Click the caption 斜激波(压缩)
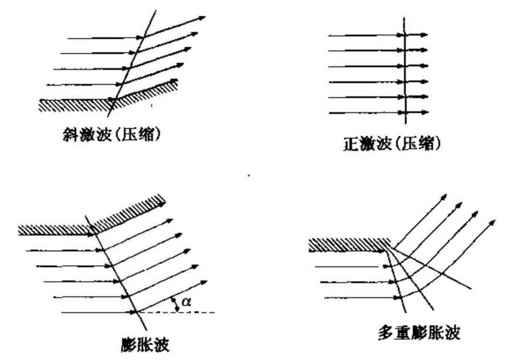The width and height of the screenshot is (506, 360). [x=111, y=134]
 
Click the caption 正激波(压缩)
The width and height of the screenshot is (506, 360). [x=392, y=143]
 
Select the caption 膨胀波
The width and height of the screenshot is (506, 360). [x=145, y=345]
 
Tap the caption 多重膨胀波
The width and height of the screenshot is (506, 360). [x=419, y=332]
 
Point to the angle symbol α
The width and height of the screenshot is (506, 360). [x=186, y=302]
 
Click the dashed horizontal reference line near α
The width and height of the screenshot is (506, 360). [x=177, y=312]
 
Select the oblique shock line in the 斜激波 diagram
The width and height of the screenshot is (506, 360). [x=132, y=63]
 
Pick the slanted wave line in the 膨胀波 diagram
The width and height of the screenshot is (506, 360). [x=116, y=273]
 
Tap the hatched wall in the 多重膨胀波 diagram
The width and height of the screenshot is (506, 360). [x=349, y=245]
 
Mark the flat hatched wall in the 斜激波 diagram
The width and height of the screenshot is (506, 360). [x=77, y=105]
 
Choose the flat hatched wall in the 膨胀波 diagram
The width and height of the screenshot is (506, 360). [x=55, y=230]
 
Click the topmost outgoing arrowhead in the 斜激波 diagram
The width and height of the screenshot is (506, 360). [x=202, y=18]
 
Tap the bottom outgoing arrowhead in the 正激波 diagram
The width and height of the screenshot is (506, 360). [x=424, y=113]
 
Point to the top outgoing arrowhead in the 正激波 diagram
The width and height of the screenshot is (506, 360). [x=424, y=35]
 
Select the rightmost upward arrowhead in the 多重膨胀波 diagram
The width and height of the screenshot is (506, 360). [x=492, y=222]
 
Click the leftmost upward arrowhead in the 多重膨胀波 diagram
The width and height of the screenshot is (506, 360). [x=444, y=197]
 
